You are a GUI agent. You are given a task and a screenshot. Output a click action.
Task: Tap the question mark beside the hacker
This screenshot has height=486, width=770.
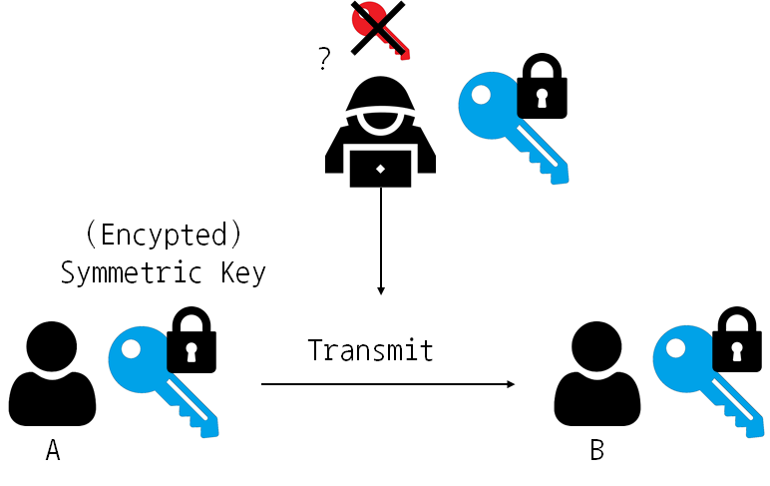[x=323, y=60]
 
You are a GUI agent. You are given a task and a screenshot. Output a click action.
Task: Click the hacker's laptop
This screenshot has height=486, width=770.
[x=380, y=171]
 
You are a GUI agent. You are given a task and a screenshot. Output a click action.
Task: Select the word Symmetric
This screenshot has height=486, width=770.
[x=123, y=272]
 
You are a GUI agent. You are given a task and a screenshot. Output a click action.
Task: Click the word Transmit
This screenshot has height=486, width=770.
[x=371, y=350]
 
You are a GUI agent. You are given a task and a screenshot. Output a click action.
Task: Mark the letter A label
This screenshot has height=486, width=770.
[x=53, y=452]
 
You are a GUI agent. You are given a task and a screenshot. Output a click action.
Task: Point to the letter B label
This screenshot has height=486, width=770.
[x=596, y=451]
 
